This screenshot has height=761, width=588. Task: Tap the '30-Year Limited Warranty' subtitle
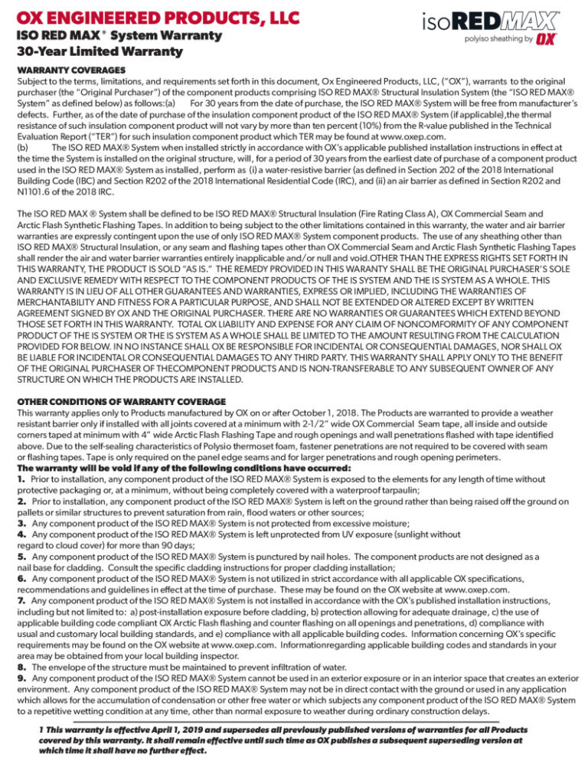pos(100,52)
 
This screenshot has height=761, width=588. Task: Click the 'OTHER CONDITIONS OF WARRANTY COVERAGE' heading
pos(121,401)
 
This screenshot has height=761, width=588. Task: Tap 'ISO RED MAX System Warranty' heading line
pos(119,36)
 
